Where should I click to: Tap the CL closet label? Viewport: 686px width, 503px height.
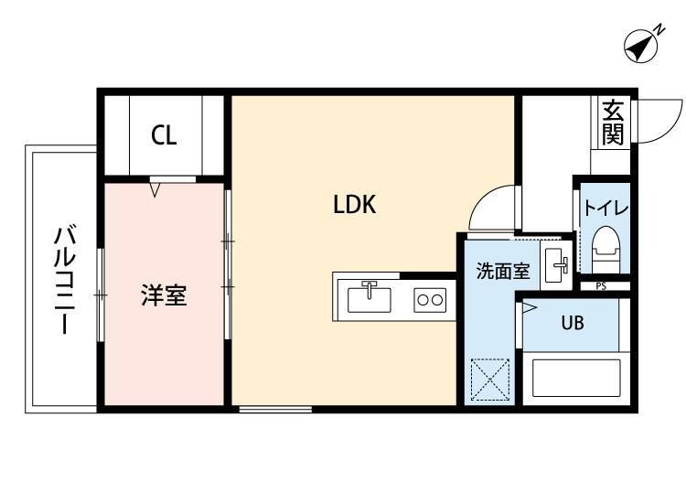click(x=165, y=136)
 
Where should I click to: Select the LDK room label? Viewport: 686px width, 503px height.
click(x=354, y=205)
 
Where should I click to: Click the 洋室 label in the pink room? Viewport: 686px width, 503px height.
click(x=164, y=295)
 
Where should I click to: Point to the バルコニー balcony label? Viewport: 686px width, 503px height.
click(x=64, y=279)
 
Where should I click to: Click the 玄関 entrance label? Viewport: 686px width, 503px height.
click(x=612, y=122)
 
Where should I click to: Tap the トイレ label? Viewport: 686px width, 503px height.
click(x=606, y=208)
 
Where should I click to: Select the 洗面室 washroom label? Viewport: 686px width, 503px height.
click(x=502, y=271)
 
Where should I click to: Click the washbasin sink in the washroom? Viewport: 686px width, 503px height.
click(x=556, y=265)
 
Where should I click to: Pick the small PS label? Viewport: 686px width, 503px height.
click(x=600, y=286)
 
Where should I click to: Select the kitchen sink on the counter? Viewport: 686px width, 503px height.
click(x=370, y=297)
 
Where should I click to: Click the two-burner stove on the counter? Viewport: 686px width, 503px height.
click(x=429, y=299)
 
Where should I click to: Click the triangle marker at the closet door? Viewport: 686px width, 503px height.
click(x=155, y=190)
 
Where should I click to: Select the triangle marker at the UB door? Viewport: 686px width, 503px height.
click(x=529, y=308)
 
